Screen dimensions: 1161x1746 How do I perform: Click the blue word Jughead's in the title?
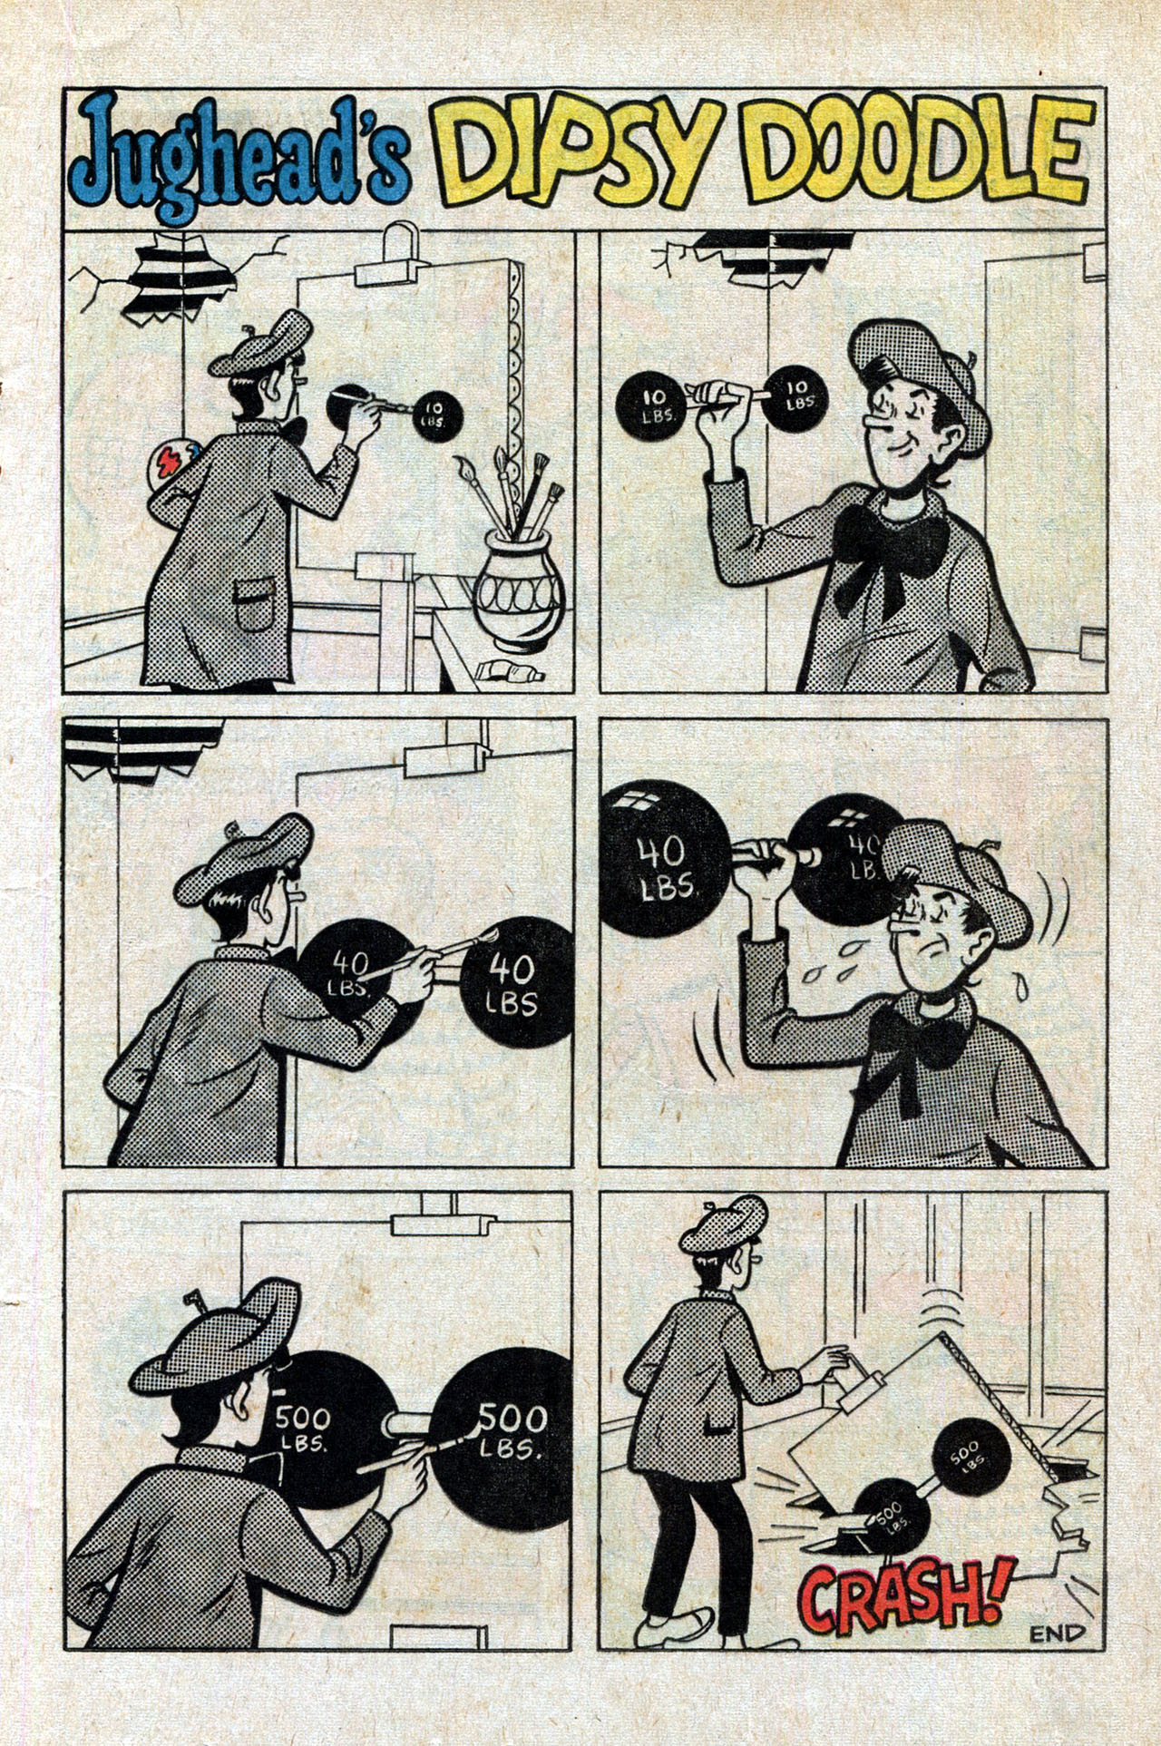[239, 156]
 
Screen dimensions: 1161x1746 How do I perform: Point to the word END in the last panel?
[1057, 1634]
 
